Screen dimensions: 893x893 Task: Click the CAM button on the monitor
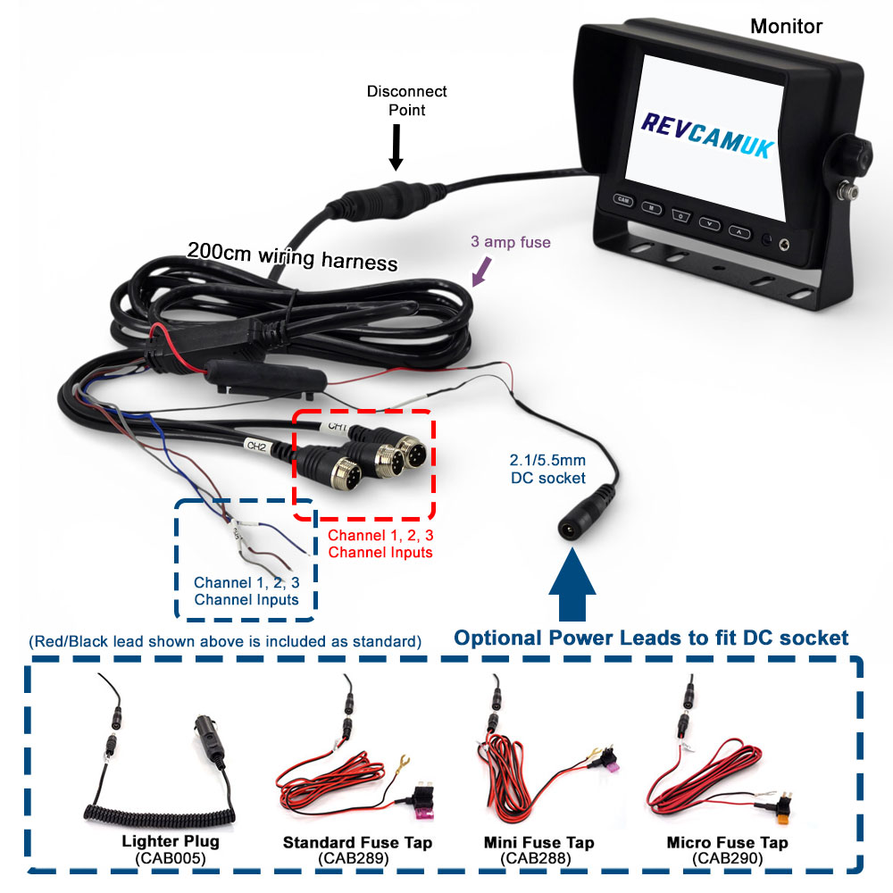point(622,201)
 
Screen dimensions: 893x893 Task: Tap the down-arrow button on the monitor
point(710,224)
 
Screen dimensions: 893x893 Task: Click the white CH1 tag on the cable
point(337,427)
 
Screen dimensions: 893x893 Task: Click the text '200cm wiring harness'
point(291,255)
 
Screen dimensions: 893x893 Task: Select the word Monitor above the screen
point(786,26)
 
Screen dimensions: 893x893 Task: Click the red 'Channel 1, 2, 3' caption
point(380,544)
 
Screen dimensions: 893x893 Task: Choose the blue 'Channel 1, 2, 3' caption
point(246,590)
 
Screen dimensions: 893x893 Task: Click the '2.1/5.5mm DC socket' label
point(547,470)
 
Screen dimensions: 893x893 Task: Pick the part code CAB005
point(170,858)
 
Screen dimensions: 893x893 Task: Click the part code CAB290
point(726,858)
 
